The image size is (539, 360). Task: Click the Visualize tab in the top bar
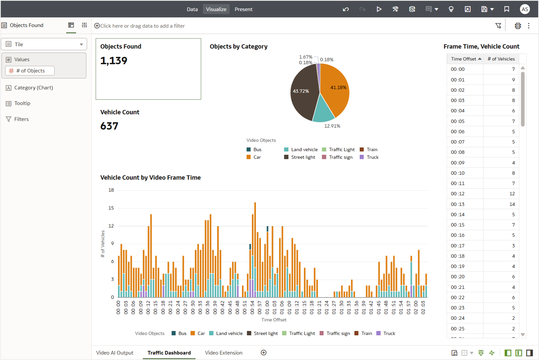216,9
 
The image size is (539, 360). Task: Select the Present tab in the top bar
243,9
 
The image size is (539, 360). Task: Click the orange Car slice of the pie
336,90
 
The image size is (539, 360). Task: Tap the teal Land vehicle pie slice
323,112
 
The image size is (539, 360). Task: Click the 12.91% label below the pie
332,126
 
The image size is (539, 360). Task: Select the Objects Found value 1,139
114,61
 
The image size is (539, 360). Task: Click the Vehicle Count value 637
109,126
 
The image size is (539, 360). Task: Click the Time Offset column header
464,59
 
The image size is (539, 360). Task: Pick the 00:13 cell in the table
458,204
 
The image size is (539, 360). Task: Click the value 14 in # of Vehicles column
512,204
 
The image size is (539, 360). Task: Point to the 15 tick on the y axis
111,208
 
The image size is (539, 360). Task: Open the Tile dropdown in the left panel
44,44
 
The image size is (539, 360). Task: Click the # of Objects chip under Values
30,71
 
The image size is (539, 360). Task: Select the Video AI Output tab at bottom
115,353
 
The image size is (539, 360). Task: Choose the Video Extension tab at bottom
223,353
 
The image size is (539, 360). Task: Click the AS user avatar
525,9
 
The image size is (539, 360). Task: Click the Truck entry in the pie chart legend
372,157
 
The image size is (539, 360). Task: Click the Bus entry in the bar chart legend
182,333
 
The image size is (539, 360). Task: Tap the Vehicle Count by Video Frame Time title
150,178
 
